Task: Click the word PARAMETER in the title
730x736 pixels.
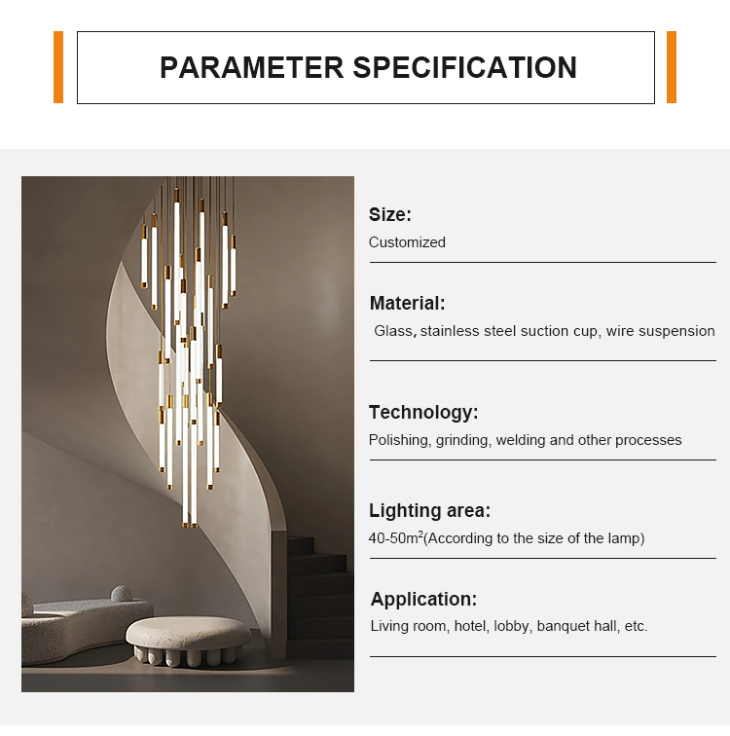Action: click(x=251, y=67)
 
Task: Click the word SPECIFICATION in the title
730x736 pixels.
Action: click(x=464, y=67)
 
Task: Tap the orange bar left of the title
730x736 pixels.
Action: click(x=58, y=67)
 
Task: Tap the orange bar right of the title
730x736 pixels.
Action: click(x=672, y=67)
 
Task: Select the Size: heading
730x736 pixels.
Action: click(x=390, y=215)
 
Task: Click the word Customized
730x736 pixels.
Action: click(x=407, y=242)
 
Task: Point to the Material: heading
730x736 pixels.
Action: click(x=407, y=303)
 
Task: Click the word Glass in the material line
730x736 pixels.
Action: click(x=394, y=331)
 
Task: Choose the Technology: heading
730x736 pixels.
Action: click(x=423, y=412)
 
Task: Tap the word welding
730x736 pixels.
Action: click(x=521, y=440)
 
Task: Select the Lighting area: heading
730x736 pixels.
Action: click(x=429, y=511)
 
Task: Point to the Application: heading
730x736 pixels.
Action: click(x=423, y=599)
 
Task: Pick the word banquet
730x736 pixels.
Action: click(x=564, y=626)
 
